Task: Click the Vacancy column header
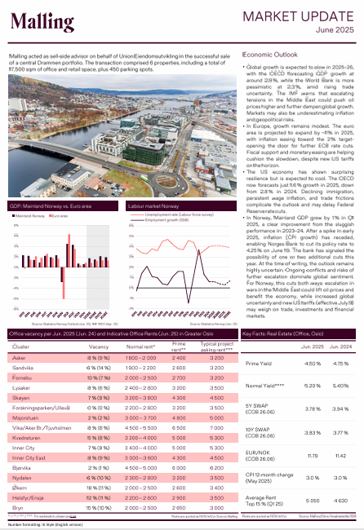tap(99, 346)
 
